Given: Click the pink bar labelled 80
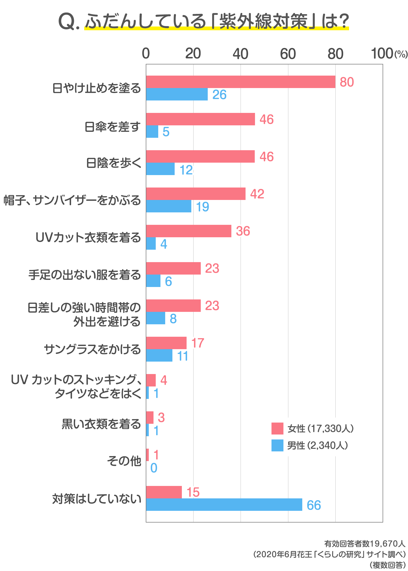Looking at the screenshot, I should pyautogui.click(x=240, y=82).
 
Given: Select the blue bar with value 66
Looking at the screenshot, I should pyautogui.click(x=224, y=504).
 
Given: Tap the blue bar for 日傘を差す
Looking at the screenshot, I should pyautogui.click(x=152, y=132).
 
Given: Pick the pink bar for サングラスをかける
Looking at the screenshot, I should pyautogui.click(x=166, y=343).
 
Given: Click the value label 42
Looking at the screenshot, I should pyautogui.click(x=257, y=194).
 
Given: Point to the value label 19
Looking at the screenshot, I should pyautogui.click(x=202, y=207).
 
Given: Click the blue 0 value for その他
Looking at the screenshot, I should pyautogui.click(x=154, y=468).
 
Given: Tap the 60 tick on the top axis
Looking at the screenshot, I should pyautogui.click(x=288, y=54).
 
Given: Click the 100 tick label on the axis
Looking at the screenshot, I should pyautogui.click(x=382, y=54).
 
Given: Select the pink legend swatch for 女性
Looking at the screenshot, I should pyautogui.click(x=277, y=428).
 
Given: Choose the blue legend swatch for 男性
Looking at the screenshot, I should pyautogui.click(x=277, y=445).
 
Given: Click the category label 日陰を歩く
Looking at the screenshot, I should pyautogui.click(x=114, y=163).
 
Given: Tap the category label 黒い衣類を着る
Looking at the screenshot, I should pyautogui.click(x=101, y=424).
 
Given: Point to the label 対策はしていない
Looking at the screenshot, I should pyautogui.click(x=97, y=499).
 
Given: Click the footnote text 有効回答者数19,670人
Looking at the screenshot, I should pyautogui.click(x=364, y=544).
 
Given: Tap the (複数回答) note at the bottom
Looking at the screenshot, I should pyautogui.click(x=387, y=565).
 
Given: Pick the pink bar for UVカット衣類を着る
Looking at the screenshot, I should pyautogui.click(x=188, y=231).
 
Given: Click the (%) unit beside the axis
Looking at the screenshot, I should pyautogui.click(x=401, y=54).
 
